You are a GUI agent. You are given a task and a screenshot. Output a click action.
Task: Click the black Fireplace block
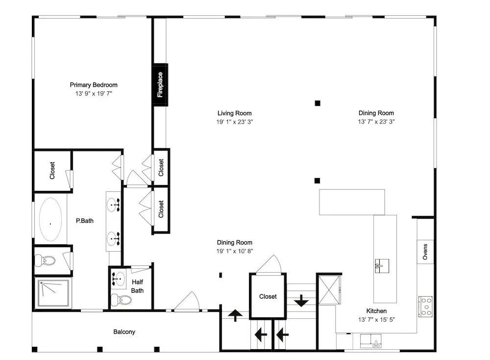[160, 85]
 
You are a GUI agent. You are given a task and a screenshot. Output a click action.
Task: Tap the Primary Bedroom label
[94, 85]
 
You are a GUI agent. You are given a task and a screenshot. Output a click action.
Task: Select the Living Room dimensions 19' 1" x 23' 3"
[234, 122]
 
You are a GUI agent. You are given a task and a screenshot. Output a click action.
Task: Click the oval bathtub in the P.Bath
[50, 219]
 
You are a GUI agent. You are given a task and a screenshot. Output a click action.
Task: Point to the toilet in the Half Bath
[122, 300]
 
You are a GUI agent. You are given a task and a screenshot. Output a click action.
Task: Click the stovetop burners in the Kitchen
[426, 307]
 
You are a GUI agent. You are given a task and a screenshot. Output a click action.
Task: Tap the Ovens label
[425, 252]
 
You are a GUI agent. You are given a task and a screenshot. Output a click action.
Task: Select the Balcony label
[124, 332]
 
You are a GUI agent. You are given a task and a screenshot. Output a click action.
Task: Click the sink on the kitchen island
[382, 266]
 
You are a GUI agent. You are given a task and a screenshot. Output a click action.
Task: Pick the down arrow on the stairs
[301, 301]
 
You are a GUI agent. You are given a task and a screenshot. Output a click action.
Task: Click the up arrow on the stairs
[235, 315]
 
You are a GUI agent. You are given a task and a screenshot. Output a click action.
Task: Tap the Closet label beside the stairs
[268, 297]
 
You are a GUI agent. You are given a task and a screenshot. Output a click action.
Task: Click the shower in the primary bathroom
[53, 293]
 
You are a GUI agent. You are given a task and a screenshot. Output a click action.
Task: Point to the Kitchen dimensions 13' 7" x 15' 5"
[376, 320]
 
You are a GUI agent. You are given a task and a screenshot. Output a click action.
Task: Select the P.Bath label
[85, 221]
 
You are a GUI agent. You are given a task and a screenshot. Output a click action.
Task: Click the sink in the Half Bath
[119, 279]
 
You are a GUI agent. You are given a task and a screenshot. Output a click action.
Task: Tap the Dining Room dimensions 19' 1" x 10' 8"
[234, 251]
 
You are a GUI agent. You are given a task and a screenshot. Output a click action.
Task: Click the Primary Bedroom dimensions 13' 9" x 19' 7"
[94, 94]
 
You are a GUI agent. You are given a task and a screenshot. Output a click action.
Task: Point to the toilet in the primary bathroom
[45, 260]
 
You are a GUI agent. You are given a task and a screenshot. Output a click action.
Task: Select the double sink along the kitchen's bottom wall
[370, 341]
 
